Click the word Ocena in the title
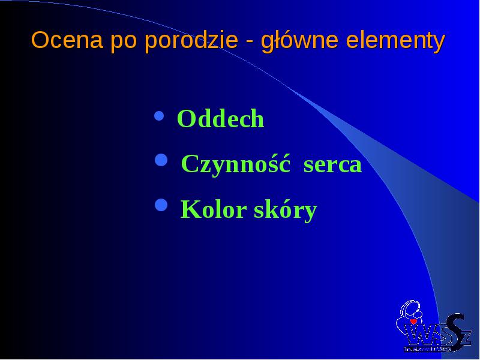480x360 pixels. [67, 40]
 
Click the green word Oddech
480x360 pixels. [220, 118]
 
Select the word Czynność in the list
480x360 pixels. [236, 164]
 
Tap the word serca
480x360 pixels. [332, 166]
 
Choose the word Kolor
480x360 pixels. [214, 209]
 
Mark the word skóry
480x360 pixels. [286, 211]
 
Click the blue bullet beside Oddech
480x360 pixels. [159, 116]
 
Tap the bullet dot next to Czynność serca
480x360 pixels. [161, 160]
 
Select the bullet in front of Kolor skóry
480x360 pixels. [161, 205]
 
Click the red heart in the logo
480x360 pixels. [413, 322]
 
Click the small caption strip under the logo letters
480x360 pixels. [428, 349]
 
